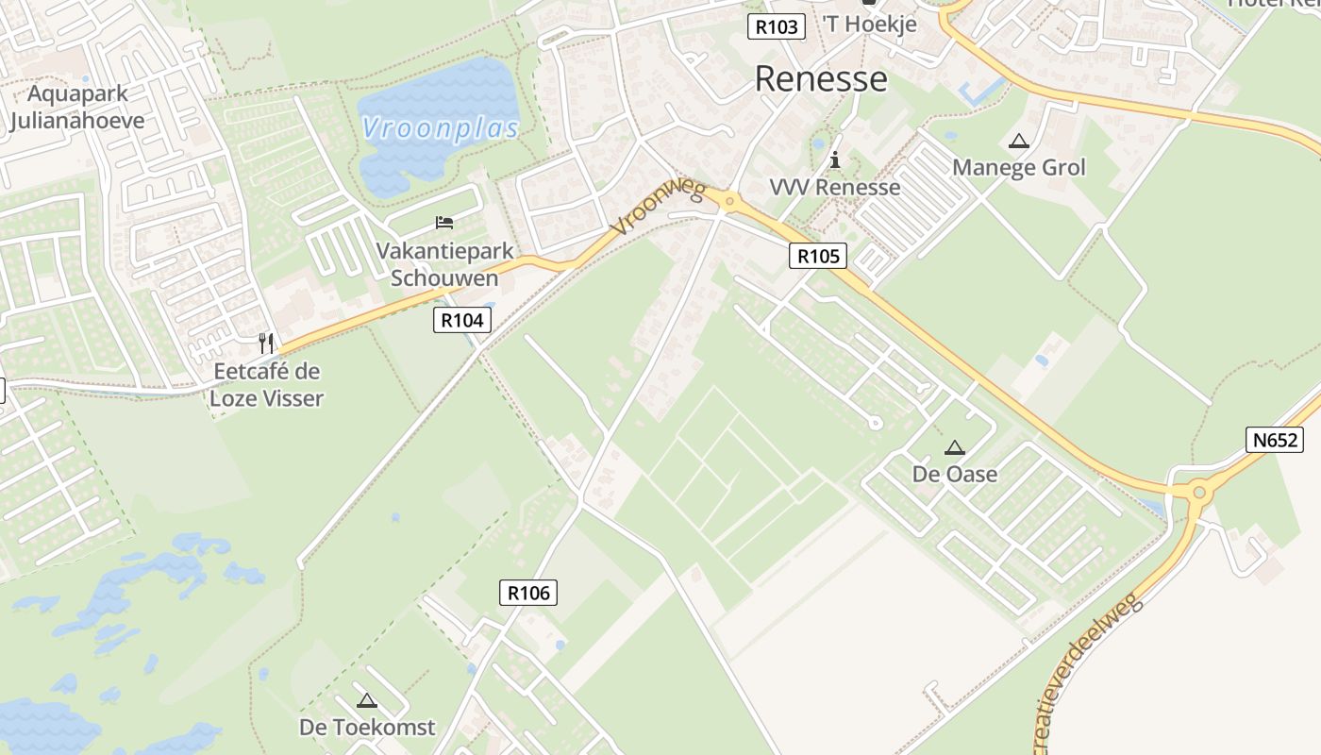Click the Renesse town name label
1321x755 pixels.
(821, 79)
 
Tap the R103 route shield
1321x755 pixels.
(777, 26)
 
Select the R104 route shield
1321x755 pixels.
(462, 320)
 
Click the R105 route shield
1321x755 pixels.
(817, 255)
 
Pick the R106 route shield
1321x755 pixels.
(527, 593)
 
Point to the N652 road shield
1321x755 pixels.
(1274, 439)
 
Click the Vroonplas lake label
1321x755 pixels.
(441, 128)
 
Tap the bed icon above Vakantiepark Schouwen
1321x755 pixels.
(444, 223)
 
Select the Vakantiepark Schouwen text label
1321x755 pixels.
(444, 264)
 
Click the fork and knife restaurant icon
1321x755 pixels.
(266, 343)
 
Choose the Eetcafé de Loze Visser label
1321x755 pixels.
(266, 384)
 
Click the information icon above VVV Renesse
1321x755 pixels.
(834, 159)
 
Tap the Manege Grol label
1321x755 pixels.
(1019, 168)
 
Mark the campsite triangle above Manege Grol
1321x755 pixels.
(1018, 142)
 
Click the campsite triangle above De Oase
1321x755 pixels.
(955, 447)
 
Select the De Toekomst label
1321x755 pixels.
(367, 727)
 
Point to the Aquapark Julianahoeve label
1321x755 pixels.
(77, 107)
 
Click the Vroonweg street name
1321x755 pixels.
(658, 208)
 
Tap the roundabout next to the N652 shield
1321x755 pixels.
(1199, 492)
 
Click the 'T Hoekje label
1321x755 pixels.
(869, 25)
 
